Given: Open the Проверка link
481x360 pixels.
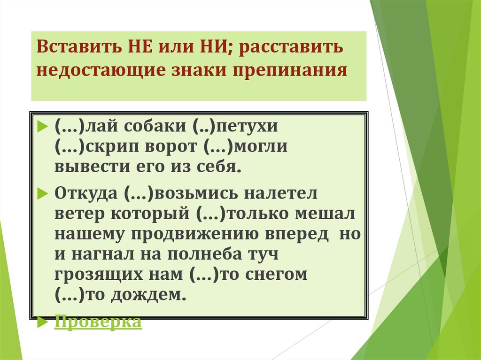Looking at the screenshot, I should click(98, 322).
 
